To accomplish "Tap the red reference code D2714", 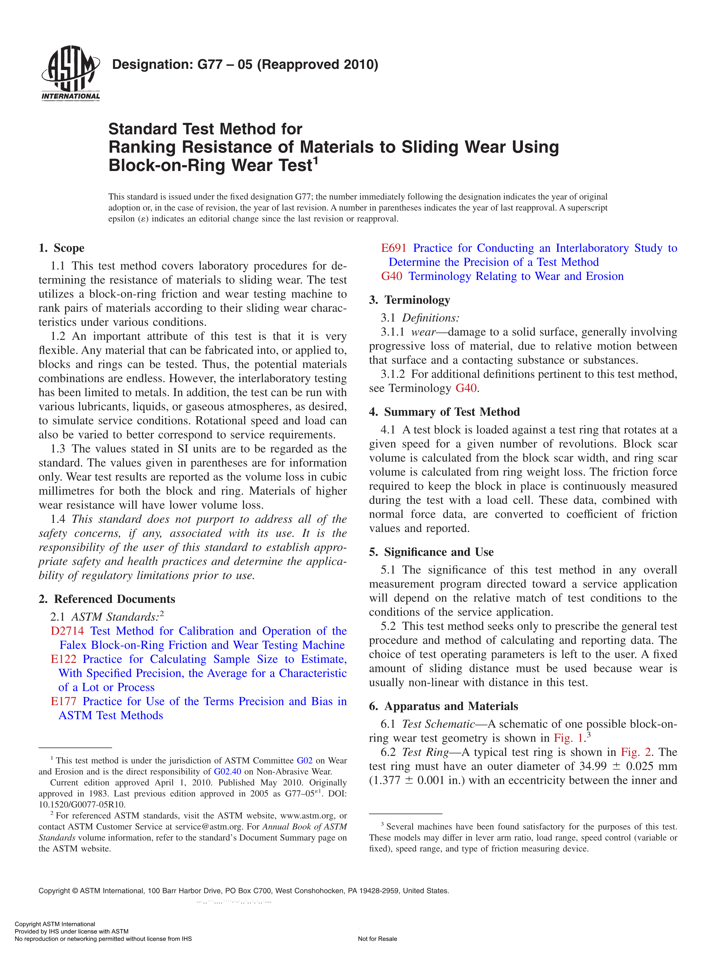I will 67,631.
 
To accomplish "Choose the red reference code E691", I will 393,248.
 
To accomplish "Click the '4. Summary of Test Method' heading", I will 444,411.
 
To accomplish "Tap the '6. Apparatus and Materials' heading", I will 443,706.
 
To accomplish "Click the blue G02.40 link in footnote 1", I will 227,771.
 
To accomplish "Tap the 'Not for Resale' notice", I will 377,939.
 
